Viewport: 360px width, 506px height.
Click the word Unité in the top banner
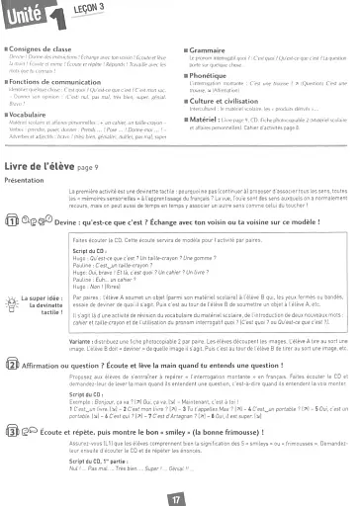[22, 13]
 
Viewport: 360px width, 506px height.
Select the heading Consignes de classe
[43, 42]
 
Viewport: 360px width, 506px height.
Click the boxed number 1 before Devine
[12, 222]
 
